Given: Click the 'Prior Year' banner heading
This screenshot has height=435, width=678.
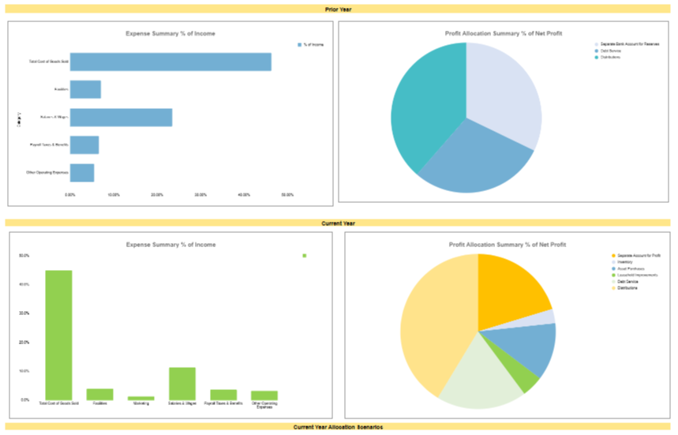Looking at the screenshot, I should point(339,9).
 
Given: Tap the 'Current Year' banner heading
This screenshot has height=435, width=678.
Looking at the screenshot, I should point(339,223).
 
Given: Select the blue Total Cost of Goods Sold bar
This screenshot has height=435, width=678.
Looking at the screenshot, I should point(170,62).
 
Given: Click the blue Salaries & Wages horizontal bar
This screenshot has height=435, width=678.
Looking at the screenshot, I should point(121,118).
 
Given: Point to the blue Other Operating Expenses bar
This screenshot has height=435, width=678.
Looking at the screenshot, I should point(82,172).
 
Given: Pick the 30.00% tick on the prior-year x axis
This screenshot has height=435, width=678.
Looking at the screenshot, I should point(200,194).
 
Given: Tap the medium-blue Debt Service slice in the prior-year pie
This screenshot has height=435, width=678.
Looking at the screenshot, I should point(474,162).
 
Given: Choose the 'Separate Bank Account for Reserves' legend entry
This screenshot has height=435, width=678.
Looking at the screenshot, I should point(627,45).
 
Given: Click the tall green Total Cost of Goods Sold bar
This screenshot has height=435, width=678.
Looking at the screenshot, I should point(58,335).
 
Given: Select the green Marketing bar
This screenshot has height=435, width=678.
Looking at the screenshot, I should point(141,398).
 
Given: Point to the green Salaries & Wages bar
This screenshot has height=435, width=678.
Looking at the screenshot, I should point(182,383).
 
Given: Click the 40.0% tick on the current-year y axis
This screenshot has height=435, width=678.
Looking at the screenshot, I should point(24,284).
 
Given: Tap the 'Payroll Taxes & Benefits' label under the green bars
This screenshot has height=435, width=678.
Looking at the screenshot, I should point(223,403).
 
